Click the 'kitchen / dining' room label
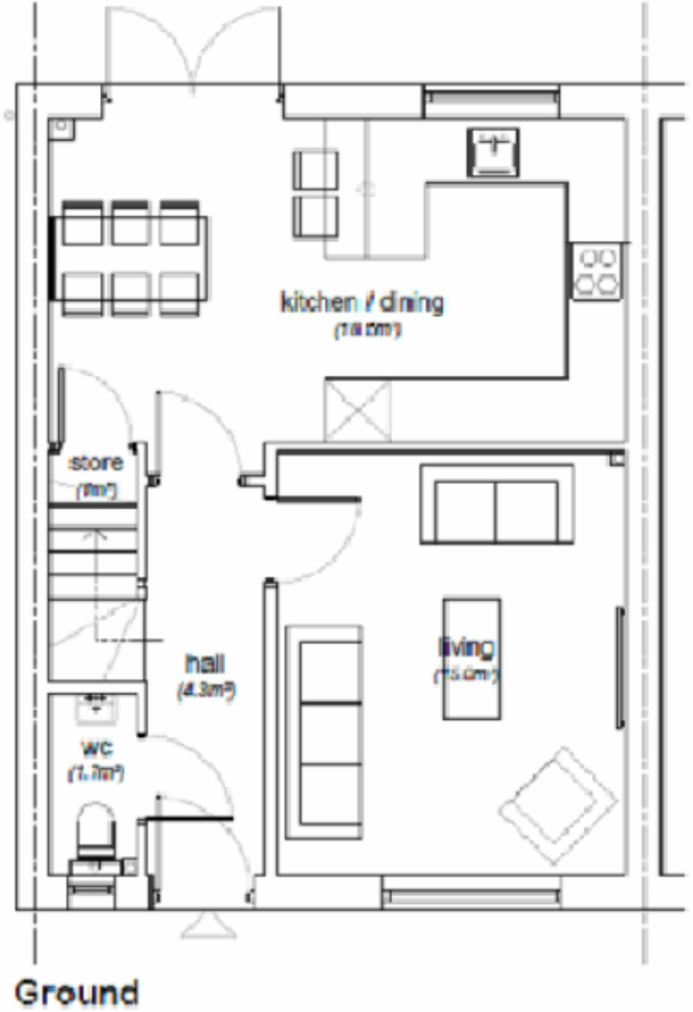(x=362, y=303)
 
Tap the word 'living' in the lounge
(x=466, y=647)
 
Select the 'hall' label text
(x=205, y=664)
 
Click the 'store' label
(x=96, y=463)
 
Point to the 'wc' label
(x=97, y=749)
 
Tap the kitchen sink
(x=493, y=152)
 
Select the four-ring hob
(x=597, y=271)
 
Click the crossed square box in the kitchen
(x=358, y=410)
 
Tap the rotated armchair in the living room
(x=557, y=806)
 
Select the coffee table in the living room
(x=472, y=659)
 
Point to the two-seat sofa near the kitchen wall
(x=496, y=505)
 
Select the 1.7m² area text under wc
(x=96, y=773)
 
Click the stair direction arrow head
(x=97, y=533)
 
